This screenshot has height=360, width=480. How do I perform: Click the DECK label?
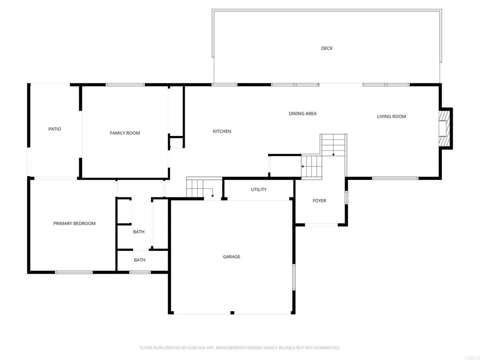[327, 48]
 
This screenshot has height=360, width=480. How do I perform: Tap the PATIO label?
[55, 129]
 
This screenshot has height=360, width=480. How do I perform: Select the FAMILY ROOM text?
[125, 133]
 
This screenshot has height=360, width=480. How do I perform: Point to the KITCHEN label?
[222, 131]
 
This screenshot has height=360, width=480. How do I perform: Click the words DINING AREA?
[302, 113]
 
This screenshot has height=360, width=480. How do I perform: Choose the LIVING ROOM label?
[391, 116]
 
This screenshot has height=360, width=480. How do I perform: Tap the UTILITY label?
[259, 189]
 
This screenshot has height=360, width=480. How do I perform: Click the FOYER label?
[319, 201]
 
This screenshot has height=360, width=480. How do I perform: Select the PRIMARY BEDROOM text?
[74, 224]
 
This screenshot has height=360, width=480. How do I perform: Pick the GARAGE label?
[232, 257]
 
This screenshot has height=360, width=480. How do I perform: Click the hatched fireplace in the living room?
[443, 128]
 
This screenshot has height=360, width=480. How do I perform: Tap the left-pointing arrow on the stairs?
[303, 166]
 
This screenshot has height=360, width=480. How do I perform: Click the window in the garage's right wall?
[294, 277]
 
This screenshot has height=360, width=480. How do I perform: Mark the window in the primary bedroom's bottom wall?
[74, 272]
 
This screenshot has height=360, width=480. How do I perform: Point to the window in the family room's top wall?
[125, 85]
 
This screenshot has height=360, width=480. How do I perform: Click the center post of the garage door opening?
[232, 313]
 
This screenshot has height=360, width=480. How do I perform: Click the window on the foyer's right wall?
[346, 197]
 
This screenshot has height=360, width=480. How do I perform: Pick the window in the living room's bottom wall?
[395, 178]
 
